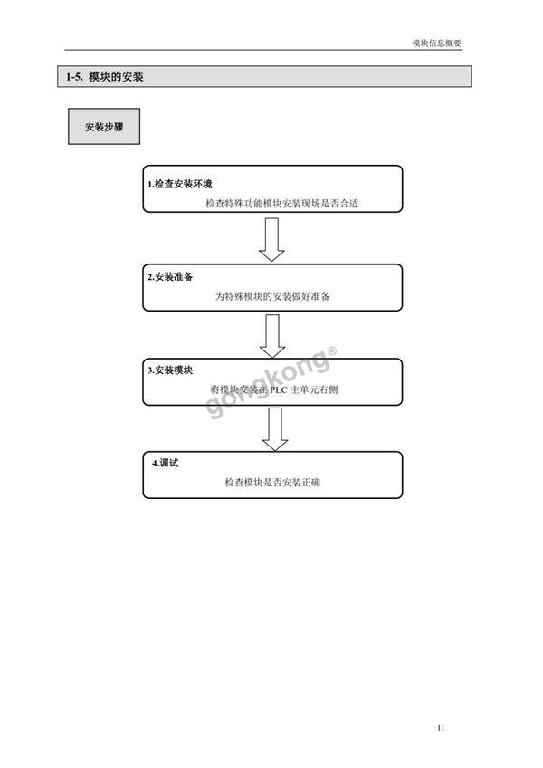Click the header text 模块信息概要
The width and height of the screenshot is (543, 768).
[x=437, y=43]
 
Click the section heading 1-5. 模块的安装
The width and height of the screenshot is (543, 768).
[x=105, y=77]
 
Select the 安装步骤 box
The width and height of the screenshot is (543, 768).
[x=104, y=127]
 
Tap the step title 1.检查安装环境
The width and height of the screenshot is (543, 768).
[x=180, y=184]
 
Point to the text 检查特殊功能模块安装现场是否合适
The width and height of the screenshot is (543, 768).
[x=282, y=203]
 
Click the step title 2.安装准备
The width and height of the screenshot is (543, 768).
[x=170, y=277]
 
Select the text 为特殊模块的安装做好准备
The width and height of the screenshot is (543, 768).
[x=272, y=296]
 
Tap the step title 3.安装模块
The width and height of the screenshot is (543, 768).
[x=170, y=370]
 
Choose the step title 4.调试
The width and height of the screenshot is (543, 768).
[x=165, y=463]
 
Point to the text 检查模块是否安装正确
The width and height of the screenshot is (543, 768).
[x=272, y=483]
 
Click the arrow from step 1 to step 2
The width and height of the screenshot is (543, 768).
[x=271, y=239]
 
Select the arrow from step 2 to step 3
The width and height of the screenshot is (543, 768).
[x=272, y=336]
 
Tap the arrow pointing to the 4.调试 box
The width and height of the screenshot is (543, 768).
[x=275, y=429]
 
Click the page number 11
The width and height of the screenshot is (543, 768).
[x=441, y=728]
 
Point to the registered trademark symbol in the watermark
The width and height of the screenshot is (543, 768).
[x=332, y=350]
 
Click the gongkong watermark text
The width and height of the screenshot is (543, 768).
[x=267, y=385]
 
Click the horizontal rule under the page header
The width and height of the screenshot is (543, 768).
[x=263, y=50]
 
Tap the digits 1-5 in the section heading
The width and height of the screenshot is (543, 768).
[x=74, y=77]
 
